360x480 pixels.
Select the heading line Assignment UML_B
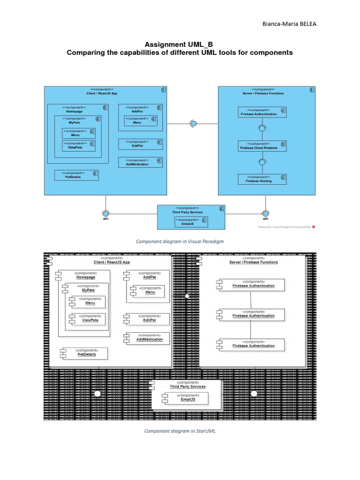[x=180, y=44]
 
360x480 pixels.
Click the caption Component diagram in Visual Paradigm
[x=180, y=241]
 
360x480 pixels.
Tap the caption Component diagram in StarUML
[x=180, y=431]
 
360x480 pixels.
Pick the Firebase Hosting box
[x=262, y=179]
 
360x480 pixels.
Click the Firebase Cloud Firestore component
[x=262, y=146]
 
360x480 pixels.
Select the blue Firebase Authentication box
[x=262, y=112]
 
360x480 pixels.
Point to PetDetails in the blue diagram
[x=76, y=174]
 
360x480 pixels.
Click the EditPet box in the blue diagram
[x=141, y=144]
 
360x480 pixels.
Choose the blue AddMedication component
[x=141, y=162]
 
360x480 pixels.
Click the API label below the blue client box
[x=105, y=218]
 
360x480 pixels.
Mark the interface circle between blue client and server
[x=193, y=123]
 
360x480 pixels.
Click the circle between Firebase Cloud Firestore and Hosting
[x=262, y=162]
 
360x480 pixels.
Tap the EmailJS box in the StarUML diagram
[x=185, y=398]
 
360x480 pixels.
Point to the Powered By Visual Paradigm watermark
[x=286, y=227]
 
